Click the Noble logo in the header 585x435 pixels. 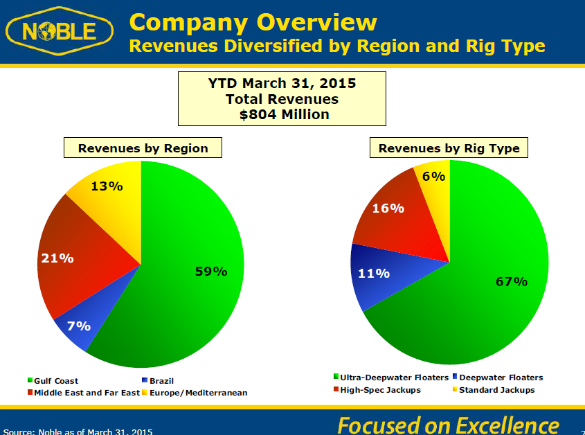pyautogui.click(x=60, y=31)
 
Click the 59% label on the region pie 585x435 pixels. pyautogui.click(x=211, y=272)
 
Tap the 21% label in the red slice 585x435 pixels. pyautogui.click(x=57, y=258)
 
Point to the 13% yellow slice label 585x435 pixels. pyautogui.click(x=107, y=186)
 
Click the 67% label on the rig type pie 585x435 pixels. pyautogui.click(x=512, y=281)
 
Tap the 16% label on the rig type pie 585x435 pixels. pyautogui.click(x=388, y=208)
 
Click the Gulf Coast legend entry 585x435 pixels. pyautogui.click(x=53, y=381)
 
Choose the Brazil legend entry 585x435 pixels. pyautogui.click(x=158, y=381)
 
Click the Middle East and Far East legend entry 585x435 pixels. pyautogui.click(x=84, y=393)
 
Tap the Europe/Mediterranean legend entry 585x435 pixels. pyautogui.click(x=195, y=393)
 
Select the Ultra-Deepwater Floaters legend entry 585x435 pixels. pyautogui.click(x=391, y=378)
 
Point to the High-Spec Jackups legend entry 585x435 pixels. pyautogui.click(x=377, y=390)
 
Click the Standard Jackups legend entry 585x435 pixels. pyautogui.click(x=494, y=390)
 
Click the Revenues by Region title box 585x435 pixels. pyautogui.click(x=143, y=148)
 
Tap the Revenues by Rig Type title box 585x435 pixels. pyautogui.click(x=449, y=148)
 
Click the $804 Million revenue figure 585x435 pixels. pyautogui.click(x=285, y=114)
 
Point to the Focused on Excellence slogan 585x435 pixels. pyautogui.click(x=448, y=425)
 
